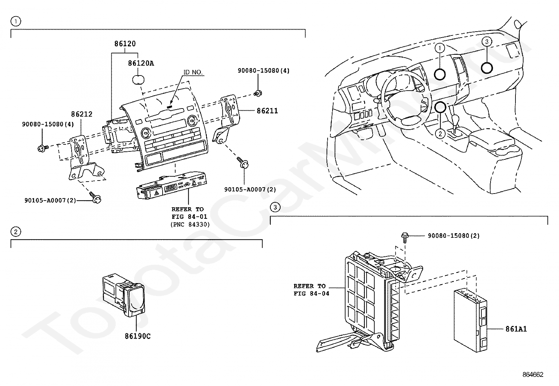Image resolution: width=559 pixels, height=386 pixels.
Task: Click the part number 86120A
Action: click(141, 64)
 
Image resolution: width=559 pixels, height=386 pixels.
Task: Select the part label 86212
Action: click(81, 114)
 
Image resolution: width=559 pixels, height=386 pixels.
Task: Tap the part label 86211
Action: click(267, 111)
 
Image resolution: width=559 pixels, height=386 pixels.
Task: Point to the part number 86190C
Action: click(138, 336)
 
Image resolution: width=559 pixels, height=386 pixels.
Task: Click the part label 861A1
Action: click(516, 329)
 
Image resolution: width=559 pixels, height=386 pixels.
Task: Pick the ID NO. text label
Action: click(193, 72)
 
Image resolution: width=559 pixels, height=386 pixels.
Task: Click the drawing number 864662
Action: click(533, 374)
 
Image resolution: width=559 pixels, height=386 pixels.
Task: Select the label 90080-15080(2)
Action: click(454, 236)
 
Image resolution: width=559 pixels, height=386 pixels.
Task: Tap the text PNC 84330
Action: click(190, 224)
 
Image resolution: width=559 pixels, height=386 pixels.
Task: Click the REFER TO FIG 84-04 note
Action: click(311, 290)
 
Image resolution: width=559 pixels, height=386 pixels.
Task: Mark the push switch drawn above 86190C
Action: click(124, 295)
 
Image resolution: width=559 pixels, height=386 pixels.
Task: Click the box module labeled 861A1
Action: click(471, 321)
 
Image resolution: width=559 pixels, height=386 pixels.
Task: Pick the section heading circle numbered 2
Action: click(16, 232)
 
